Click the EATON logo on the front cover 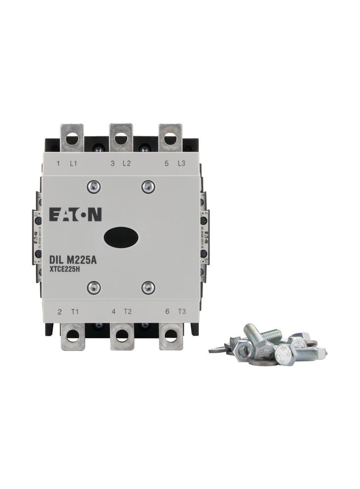(75, 215)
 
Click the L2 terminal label (127, 164)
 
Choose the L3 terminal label (181, 164)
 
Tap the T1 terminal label (75, 312)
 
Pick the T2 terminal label (128, 312)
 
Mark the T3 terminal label (182, 312)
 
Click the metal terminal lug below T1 (73, 336)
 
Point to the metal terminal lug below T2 (122, 336)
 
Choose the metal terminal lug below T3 (171, 336)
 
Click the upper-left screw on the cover (93, 186)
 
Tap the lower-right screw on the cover (148, 288)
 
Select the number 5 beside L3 (166, 164)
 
